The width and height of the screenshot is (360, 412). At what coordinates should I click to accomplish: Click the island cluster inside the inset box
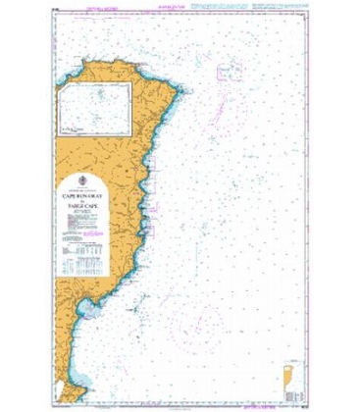(101, 95)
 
